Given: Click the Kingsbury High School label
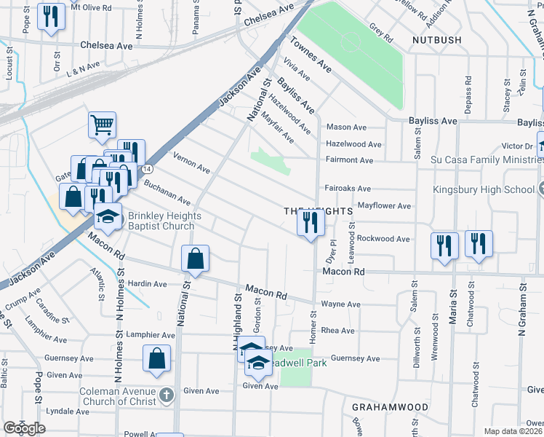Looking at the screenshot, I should click(x=484, y=189).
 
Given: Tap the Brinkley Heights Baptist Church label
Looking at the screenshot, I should click(x=161, y=221).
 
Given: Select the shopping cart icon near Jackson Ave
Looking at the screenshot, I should click(x=102, y=125).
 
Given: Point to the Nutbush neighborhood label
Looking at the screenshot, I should click(x=436, y=39).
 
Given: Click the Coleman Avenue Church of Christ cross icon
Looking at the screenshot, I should click(x=167, y=395).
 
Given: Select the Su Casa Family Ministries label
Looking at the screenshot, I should click(x=482, y=160).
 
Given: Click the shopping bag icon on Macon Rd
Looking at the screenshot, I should click(x=196, y=259).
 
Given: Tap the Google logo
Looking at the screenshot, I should click(x=23, y=428).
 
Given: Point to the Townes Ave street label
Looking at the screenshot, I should click(x=311, y=55).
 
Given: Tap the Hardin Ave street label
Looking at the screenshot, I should click(x=148, y=284).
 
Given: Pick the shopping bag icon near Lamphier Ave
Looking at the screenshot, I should click(x=157, y=359).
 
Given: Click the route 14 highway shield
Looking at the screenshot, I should click(x=148, y=168).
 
